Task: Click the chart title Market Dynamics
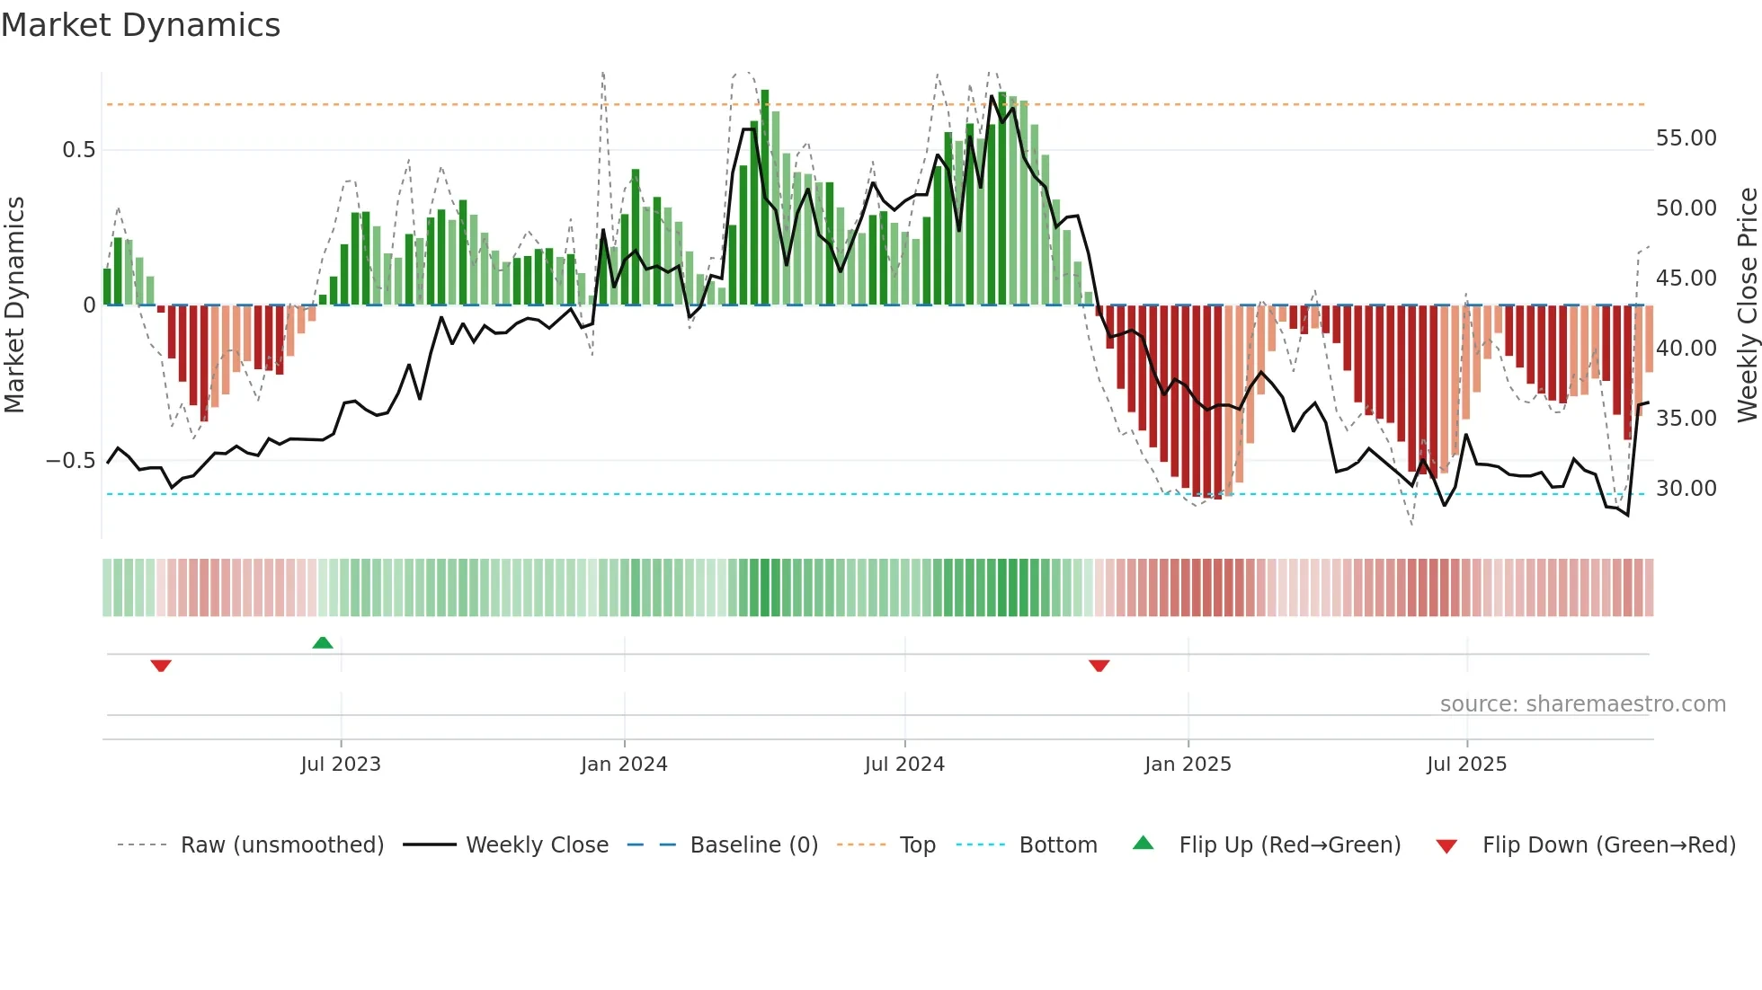click(x=140, y=25)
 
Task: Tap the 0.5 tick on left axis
click(x=79, y=150)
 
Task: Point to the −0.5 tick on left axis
click(x=71, y=461)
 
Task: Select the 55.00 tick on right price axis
click(x=1686, y=138)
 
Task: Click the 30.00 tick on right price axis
click(x=1686, y=489)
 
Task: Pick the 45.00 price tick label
click(x=1686, y=278)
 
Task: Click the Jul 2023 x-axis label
click(x=341, y=765)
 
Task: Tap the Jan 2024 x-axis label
click(x=624, y=765)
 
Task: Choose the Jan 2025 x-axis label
click(x=1188, y=765)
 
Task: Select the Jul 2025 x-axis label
click(x=1466, y=765)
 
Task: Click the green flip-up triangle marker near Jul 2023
click(x=323, y=642)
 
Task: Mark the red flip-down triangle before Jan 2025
click(x=1099, y=666)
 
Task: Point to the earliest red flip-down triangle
click(x=161, y=666)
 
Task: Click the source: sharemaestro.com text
click(x=1582, y=704)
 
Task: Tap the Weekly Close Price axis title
click(x=1747, y=305)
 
